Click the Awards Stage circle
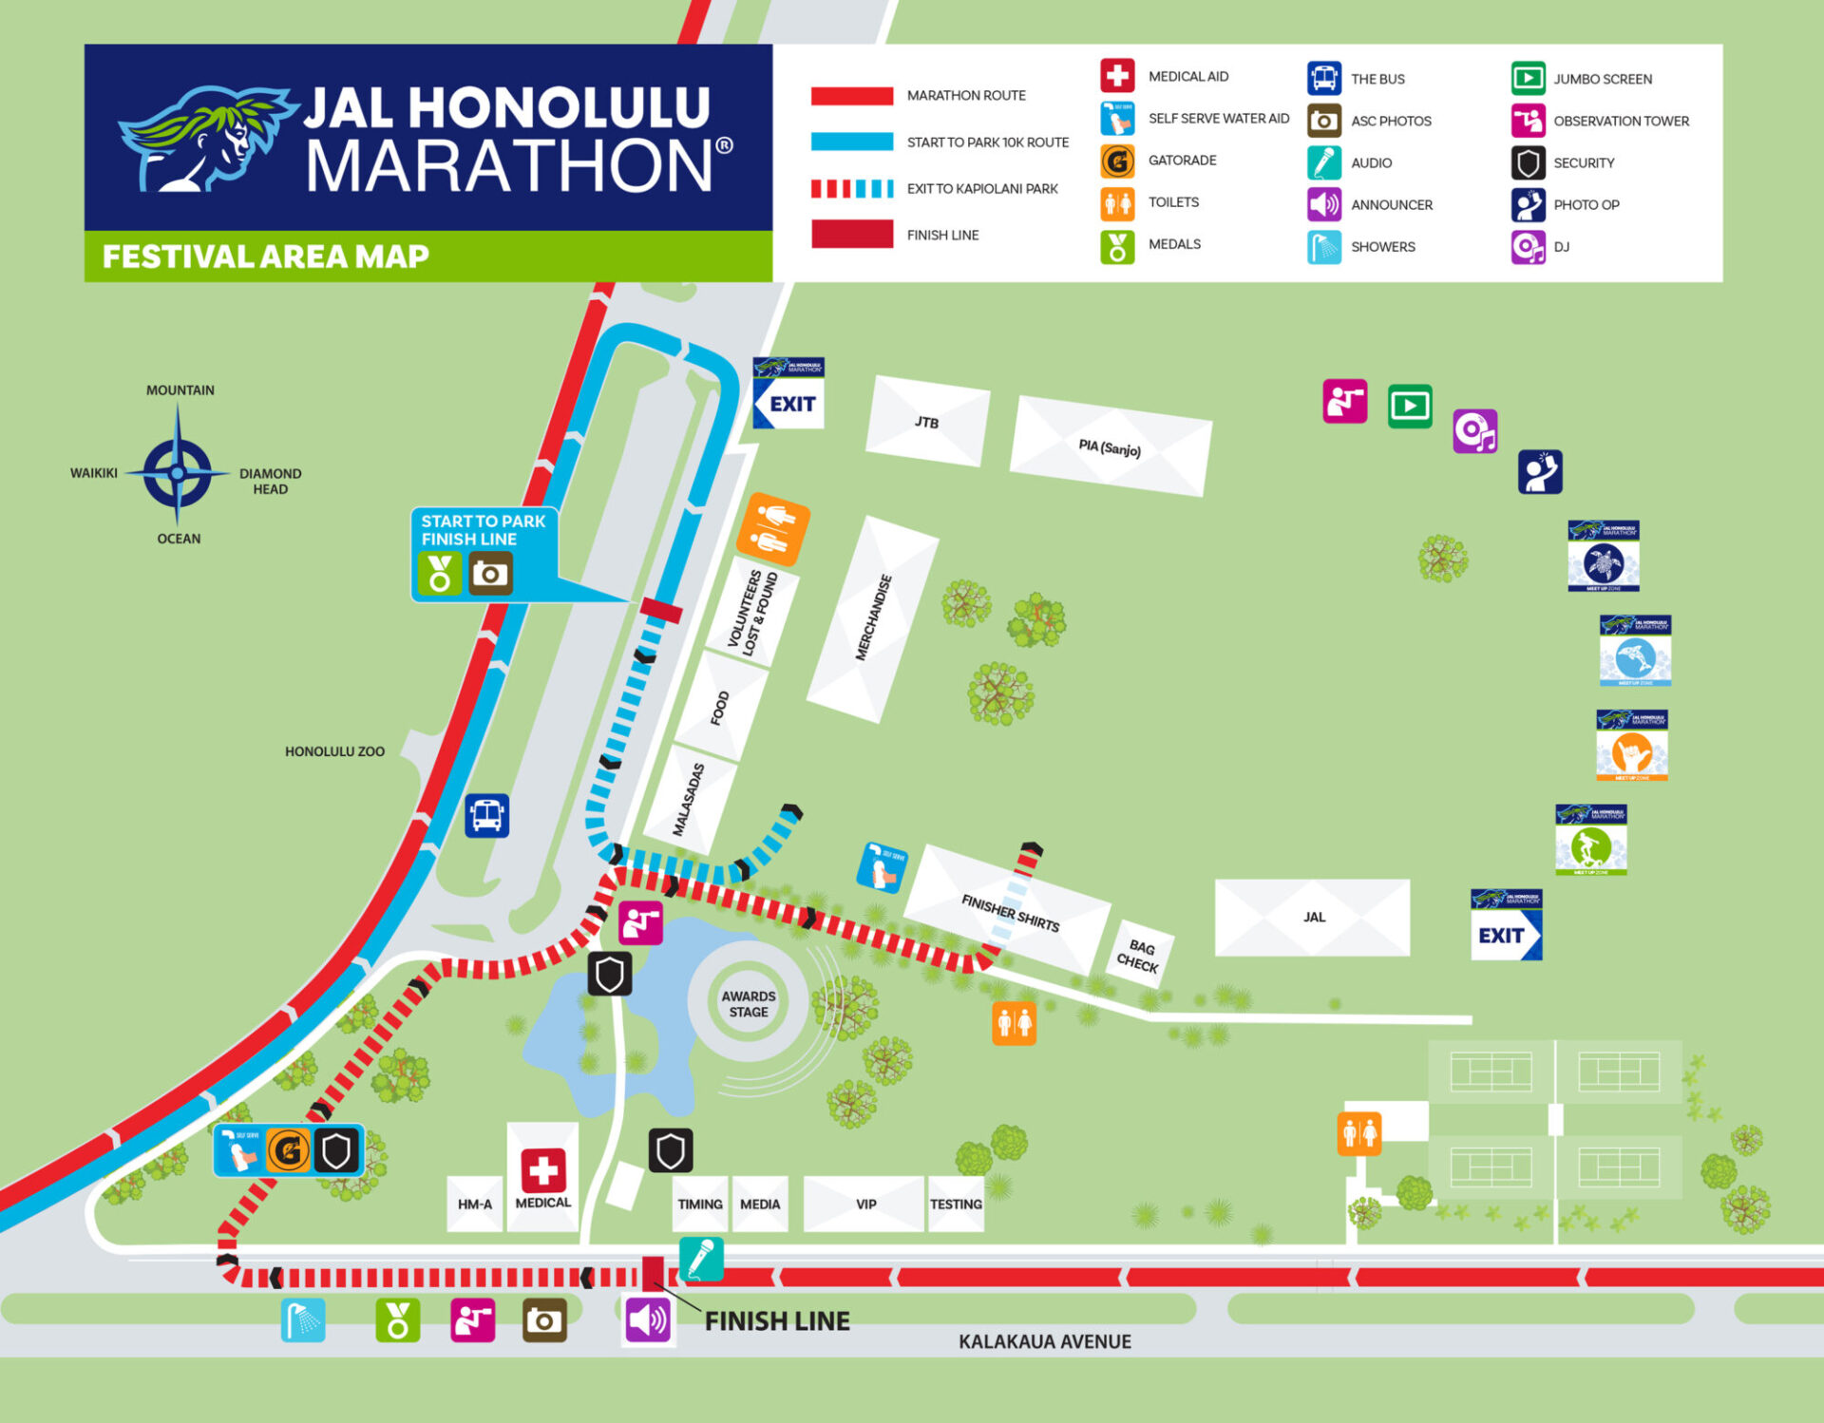[748, 1003]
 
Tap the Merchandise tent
[873, 618]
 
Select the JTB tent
[927, 422]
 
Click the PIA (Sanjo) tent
[1110, 446]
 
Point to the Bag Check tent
[1139, 954]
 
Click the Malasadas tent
[690, 799]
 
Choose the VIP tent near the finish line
[864, 1204]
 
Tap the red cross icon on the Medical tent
[543, 1170]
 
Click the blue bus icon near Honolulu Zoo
[486, 815]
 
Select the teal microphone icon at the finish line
[701, 1260]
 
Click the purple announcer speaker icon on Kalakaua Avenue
[648, 1320]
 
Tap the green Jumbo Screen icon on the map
[1410, 407]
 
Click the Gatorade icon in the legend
[1117, 161]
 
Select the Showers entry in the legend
[1382, 247]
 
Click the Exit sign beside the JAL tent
[1506, 925]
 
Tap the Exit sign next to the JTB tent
[788, 393]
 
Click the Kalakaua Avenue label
[1044, 1341]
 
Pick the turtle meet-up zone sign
[1604, 557]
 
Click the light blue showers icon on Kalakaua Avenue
[303, 1320]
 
